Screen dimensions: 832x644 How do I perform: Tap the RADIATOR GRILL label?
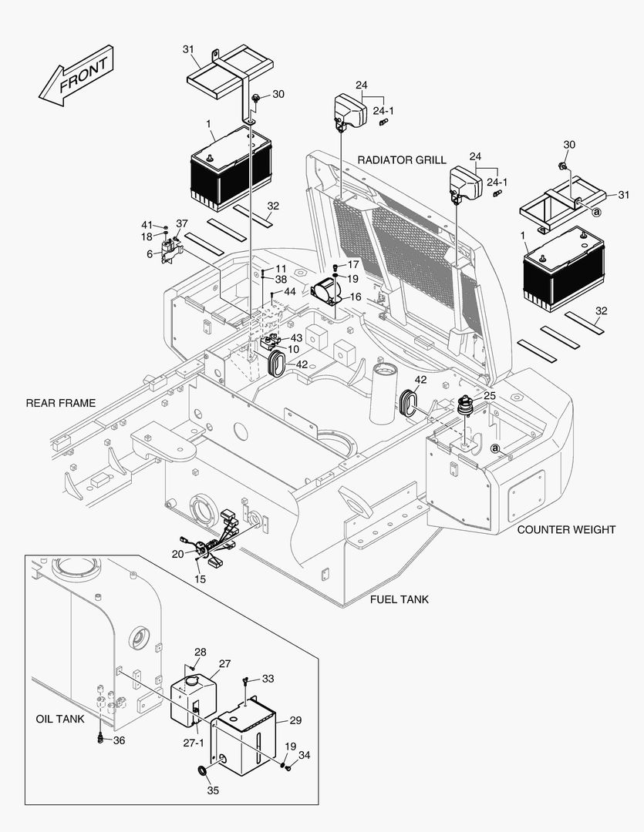point(401,160)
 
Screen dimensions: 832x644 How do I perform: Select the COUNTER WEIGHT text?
point(566,529)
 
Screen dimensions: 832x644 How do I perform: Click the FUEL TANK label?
point(399,599)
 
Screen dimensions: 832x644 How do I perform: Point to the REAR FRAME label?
point(61,403)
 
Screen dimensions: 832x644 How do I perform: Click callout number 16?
point(355,297)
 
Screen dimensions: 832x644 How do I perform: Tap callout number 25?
point(490,395)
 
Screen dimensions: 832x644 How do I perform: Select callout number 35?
point(213,790)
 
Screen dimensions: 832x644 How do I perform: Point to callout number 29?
point(295,720)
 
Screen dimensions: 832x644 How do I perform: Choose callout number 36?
point(119,740)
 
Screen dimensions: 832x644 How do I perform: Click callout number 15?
point(201,579)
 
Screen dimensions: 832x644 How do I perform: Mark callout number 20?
point(177,553)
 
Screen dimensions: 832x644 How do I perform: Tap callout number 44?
point(289,292)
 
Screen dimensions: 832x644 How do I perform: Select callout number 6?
point(150,254)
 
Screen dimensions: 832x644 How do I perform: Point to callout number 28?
point(200,652)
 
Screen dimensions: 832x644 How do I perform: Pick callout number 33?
point(268,679)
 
